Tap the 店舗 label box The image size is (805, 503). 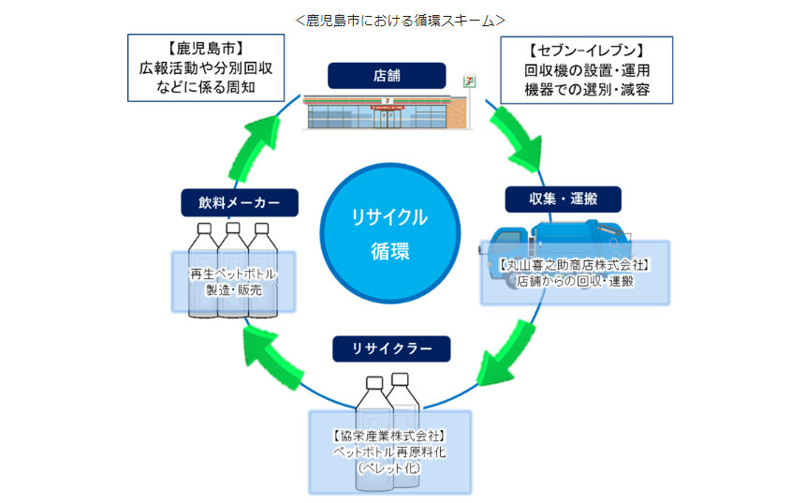pos(385,74)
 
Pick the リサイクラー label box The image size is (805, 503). pos(391,349)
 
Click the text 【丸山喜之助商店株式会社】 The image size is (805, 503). pos(575,266)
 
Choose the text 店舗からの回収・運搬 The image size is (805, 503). pos(575,282)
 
